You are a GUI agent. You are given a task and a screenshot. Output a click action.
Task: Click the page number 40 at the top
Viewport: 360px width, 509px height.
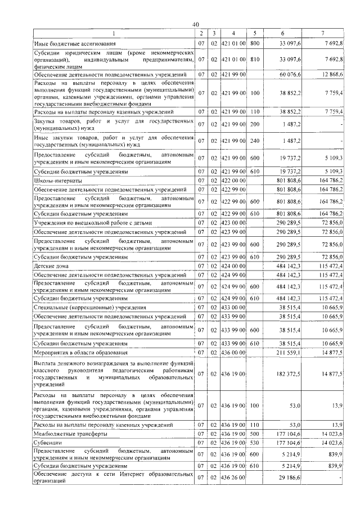coord(195,24)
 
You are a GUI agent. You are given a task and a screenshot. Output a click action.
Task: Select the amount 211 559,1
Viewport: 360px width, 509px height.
coord(289,352)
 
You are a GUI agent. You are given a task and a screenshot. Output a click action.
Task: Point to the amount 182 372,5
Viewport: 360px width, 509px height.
coord(289,373)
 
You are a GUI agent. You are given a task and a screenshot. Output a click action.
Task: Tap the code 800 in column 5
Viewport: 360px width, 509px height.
coord(254,43)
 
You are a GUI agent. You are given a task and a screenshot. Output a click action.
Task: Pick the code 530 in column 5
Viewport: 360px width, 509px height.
coord(254,443)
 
